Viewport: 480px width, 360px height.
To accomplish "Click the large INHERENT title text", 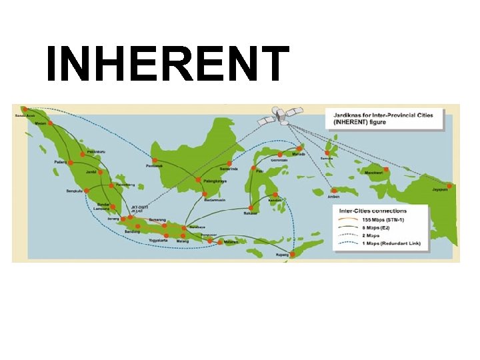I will [167, 65].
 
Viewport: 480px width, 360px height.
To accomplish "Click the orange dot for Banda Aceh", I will [25, 109].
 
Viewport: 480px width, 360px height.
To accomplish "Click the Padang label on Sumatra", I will [61, 162].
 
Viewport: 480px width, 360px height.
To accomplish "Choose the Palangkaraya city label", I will [214, 181].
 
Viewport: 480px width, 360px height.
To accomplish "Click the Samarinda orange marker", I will [229, 163].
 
